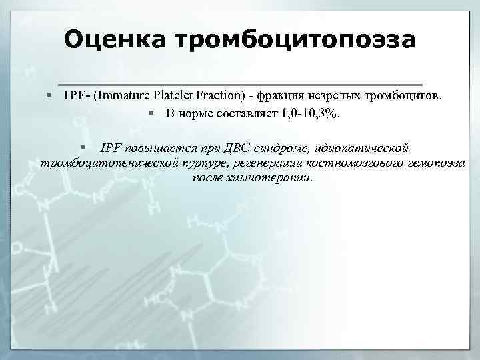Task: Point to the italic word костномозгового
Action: pos(338,163)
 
